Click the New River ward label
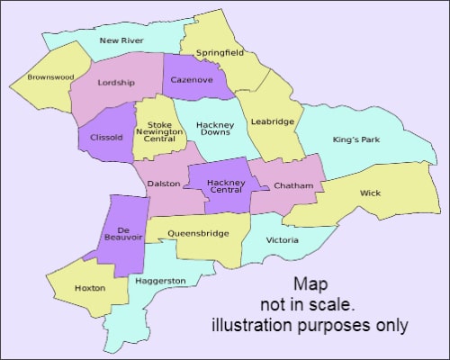[121, 40]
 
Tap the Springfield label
[220, 53]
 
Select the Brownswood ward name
[50, 77]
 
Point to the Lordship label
[116, 83]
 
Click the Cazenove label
[193, 80]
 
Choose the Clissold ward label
[107, 138]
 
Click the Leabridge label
[273, 121]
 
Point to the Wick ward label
[370, 193]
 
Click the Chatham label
[293, 186]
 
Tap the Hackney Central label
[226, 186]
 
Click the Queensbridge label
[198, 233]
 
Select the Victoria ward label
[282, 240]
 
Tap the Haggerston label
[160, 281]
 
